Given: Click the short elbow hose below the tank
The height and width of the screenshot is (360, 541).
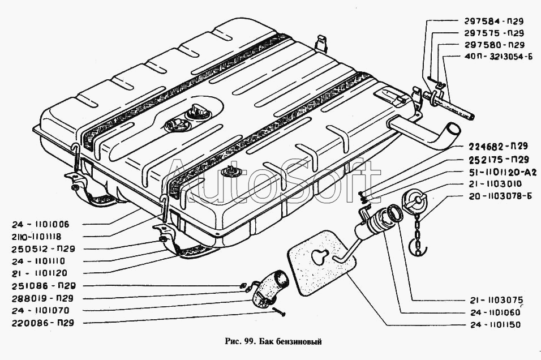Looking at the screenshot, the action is click(272, 286).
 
